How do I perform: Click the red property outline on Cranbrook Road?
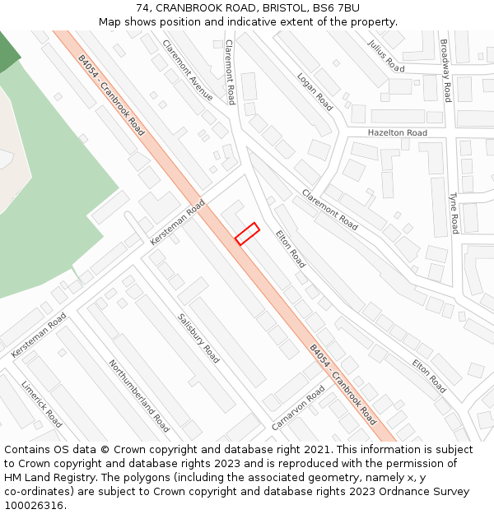[247, 234]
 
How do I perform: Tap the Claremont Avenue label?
[187, 70]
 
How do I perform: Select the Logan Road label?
[315, 92]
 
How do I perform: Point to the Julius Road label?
[386, 55]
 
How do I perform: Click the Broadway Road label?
[445, 70]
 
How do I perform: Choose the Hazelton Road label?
[398, 132]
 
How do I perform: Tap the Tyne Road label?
[453, 213]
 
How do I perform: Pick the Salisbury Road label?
[198, 337]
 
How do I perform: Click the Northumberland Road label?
[138, 396]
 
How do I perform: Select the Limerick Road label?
[41, 403]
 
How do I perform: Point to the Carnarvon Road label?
[299, 408]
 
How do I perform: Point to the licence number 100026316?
[35, 506]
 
